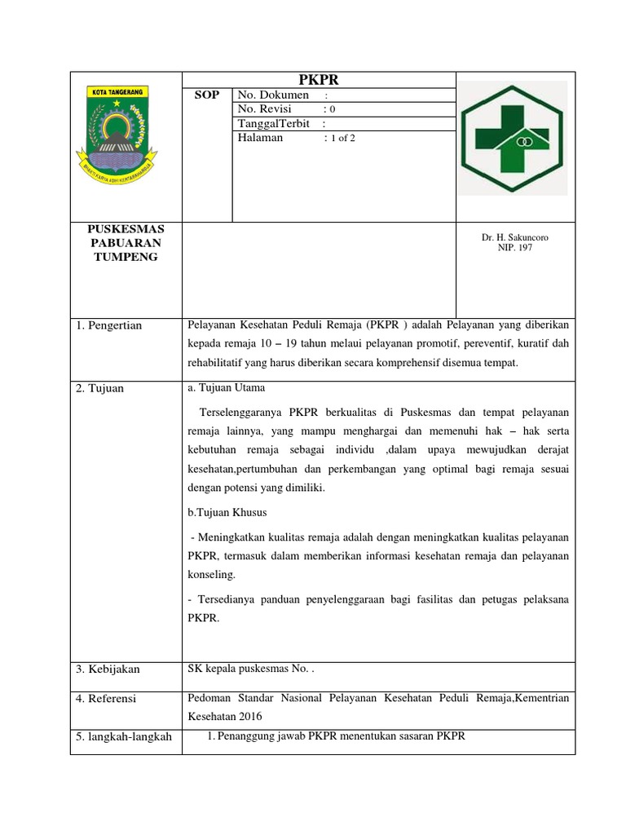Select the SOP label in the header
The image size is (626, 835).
tap(206, 95)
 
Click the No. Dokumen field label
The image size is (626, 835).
tap(273, 95)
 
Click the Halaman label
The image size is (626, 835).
tap(260, 138)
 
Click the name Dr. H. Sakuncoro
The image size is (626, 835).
tap(514, 237)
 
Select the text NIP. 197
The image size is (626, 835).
tap(514, 247)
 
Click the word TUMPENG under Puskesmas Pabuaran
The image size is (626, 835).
tap(126, 258)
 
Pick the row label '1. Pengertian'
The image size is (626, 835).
tap(109, 326)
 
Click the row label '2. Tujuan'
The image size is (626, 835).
tap(100, 388)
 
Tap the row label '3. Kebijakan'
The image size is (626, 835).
tap(108, 669)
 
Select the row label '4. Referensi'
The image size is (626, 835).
tap(107, 699)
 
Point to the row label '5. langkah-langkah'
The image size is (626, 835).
tap(124, 737)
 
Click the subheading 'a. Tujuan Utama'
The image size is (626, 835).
tap(226, 387)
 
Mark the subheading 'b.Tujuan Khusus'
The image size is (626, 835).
tap(227, 513)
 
